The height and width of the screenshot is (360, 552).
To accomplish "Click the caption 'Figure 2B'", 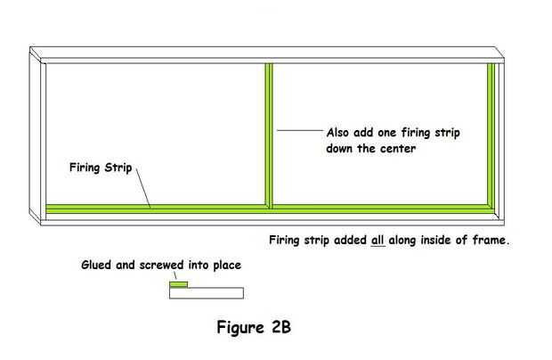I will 254,327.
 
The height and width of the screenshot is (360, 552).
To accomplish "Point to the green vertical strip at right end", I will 491,134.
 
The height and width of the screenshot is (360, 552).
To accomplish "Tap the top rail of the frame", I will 267,54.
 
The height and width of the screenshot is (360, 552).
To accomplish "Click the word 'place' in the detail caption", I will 223,265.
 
